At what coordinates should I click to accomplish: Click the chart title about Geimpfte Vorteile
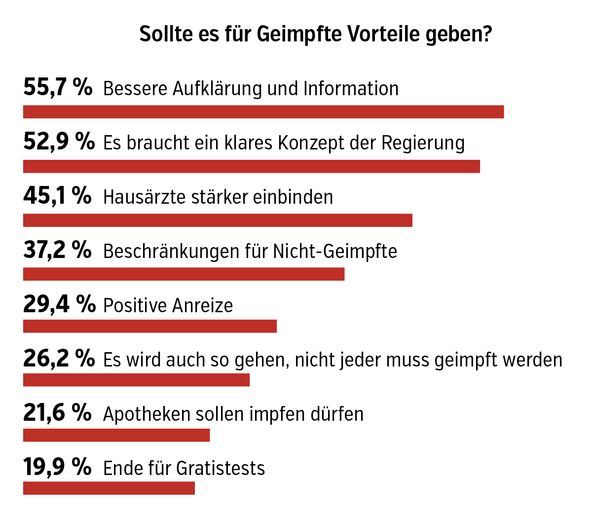point(316,35)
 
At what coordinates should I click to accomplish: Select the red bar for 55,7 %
point(263,112)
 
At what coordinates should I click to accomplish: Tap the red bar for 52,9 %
point(252,166)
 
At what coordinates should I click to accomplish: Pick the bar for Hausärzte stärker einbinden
point(218,220)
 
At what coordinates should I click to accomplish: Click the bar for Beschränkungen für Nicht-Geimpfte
point(184,274)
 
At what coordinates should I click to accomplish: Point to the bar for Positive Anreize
point(150,327)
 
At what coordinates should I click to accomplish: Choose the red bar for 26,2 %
point(136,380)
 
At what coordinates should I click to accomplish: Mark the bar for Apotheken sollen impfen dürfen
point(116,435)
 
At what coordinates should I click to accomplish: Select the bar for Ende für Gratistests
point(109,488)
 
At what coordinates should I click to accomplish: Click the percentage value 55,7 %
point(58,88)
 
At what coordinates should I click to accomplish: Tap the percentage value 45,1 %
point(57,196)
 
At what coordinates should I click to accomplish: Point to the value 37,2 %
point(57,251)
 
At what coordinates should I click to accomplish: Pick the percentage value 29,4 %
point(59,305)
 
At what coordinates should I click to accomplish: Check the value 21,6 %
point(57,413)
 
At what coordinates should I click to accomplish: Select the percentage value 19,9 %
point(57,467)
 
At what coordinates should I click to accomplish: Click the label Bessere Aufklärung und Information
point(251,89)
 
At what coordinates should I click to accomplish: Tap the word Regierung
point(423,144)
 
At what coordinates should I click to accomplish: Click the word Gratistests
point(221,468)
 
